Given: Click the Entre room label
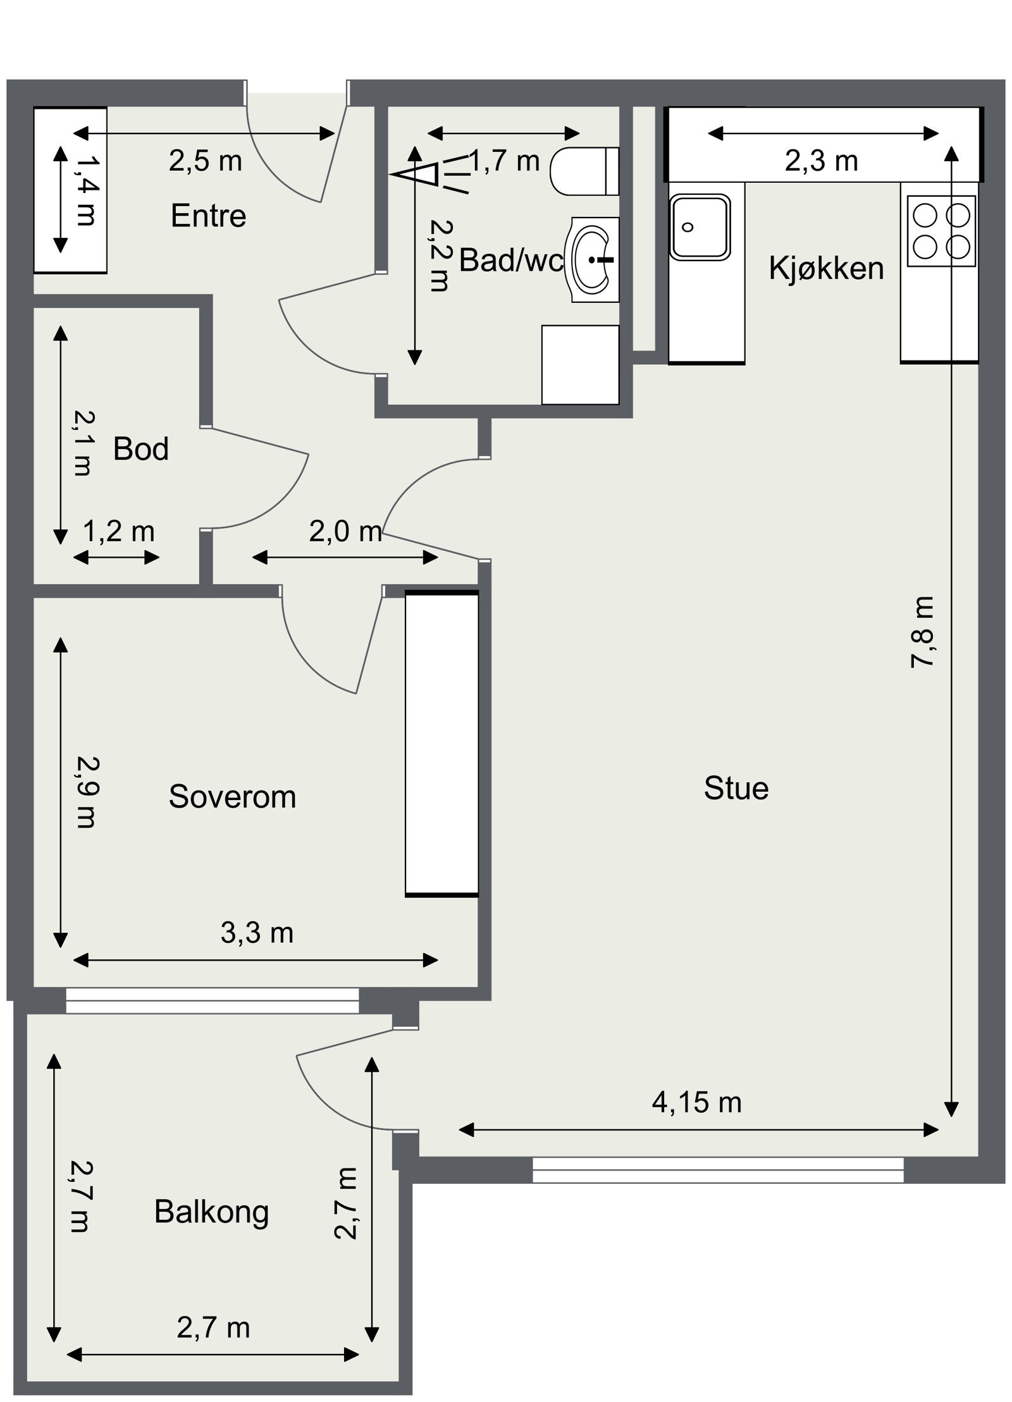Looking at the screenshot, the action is [x=208, y=216].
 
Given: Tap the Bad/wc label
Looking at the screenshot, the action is [x=511, y=260].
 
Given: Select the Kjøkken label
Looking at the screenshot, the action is [x=826, y=268].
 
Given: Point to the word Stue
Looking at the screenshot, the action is [x=736, y=789].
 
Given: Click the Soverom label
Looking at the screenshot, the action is [x=232, y=797].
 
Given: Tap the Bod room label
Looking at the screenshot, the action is [x=141, y=449].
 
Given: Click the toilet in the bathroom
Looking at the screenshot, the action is [x=584, y=171].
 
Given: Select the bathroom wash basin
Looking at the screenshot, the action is [x=595, y=259].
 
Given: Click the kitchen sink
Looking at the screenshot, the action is [x=700, y=226].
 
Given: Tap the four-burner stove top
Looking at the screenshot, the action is [x=941, y=231].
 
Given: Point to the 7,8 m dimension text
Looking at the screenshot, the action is [x=922, y=632].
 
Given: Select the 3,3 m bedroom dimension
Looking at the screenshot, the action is [x=257, y=933].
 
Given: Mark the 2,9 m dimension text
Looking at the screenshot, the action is [x=84, y=792].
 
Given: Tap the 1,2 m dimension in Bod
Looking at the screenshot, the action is [x=119, y=532].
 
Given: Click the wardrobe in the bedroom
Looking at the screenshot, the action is [x=441, y=744].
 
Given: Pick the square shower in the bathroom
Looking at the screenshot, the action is [x=580, y=365].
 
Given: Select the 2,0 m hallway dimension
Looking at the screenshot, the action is [x=346, y=532].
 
